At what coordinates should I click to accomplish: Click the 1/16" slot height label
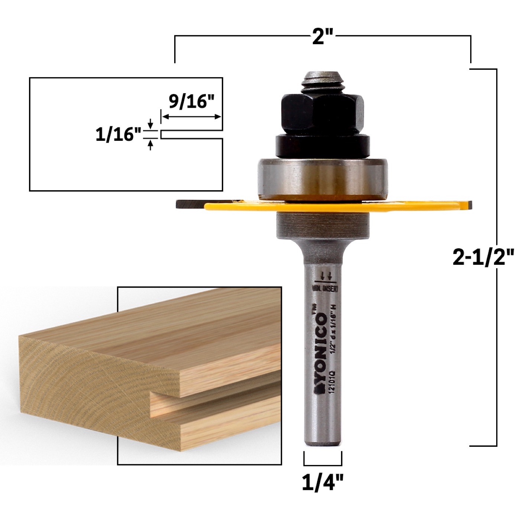119,134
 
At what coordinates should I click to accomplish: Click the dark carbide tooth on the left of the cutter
189,204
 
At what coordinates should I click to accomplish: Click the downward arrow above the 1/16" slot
150,124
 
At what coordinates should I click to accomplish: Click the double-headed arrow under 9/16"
191,117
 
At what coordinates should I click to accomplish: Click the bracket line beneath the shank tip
323,464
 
